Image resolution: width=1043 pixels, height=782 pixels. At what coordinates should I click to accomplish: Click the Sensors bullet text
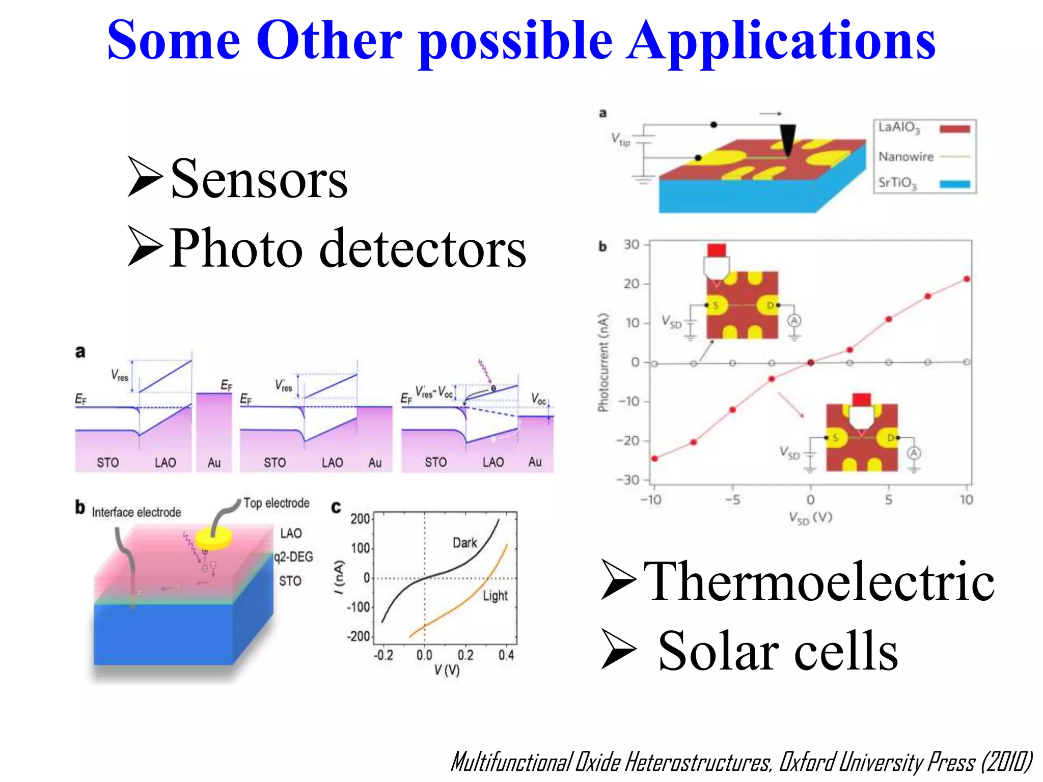(259, 179)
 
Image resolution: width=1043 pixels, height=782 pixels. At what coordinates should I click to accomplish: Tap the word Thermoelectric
(818, 581)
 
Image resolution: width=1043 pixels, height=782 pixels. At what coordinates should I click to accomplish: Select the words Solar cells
(778, 651)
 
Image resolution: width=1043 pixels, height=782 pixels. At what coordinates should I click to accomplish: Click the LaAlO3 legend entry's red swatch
(954, 129)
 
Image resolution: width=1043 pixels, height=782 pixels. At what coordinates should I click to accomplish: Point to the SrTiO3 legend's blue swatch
(954, 184)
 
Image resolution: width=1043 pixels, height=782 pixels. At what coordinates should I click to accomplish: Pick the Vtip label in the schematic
(620, 138)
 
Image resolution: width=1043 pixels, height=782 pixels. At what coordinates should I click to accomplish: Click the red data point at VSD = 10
(967, 279)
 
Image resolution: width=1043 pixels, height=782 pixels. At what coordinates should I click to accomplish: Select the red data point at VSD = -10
(654, 459)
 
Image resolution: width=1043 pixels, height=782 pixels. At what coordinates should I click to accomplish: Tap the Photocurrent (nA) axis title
(603, 362)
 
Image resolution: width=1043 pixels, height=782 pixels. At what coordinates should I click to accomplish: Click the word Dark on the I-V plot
(464, 543)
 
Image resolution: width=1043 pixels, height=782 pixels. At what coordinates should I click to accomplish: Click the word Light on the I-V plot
(495, 596)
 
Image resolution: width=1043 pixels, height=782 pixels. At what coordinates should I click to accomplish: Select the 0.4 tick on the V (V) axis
(506, 655)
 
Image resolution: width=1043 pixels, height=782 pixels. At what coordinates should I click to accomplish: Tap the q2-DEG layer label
(293, 557)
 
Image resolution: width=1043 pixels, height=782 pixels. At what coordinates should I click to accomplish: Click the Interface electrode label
(136, 512)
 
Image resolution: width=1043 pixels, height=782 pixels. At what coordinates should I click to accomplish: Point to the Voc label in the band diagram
(538, 399)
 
